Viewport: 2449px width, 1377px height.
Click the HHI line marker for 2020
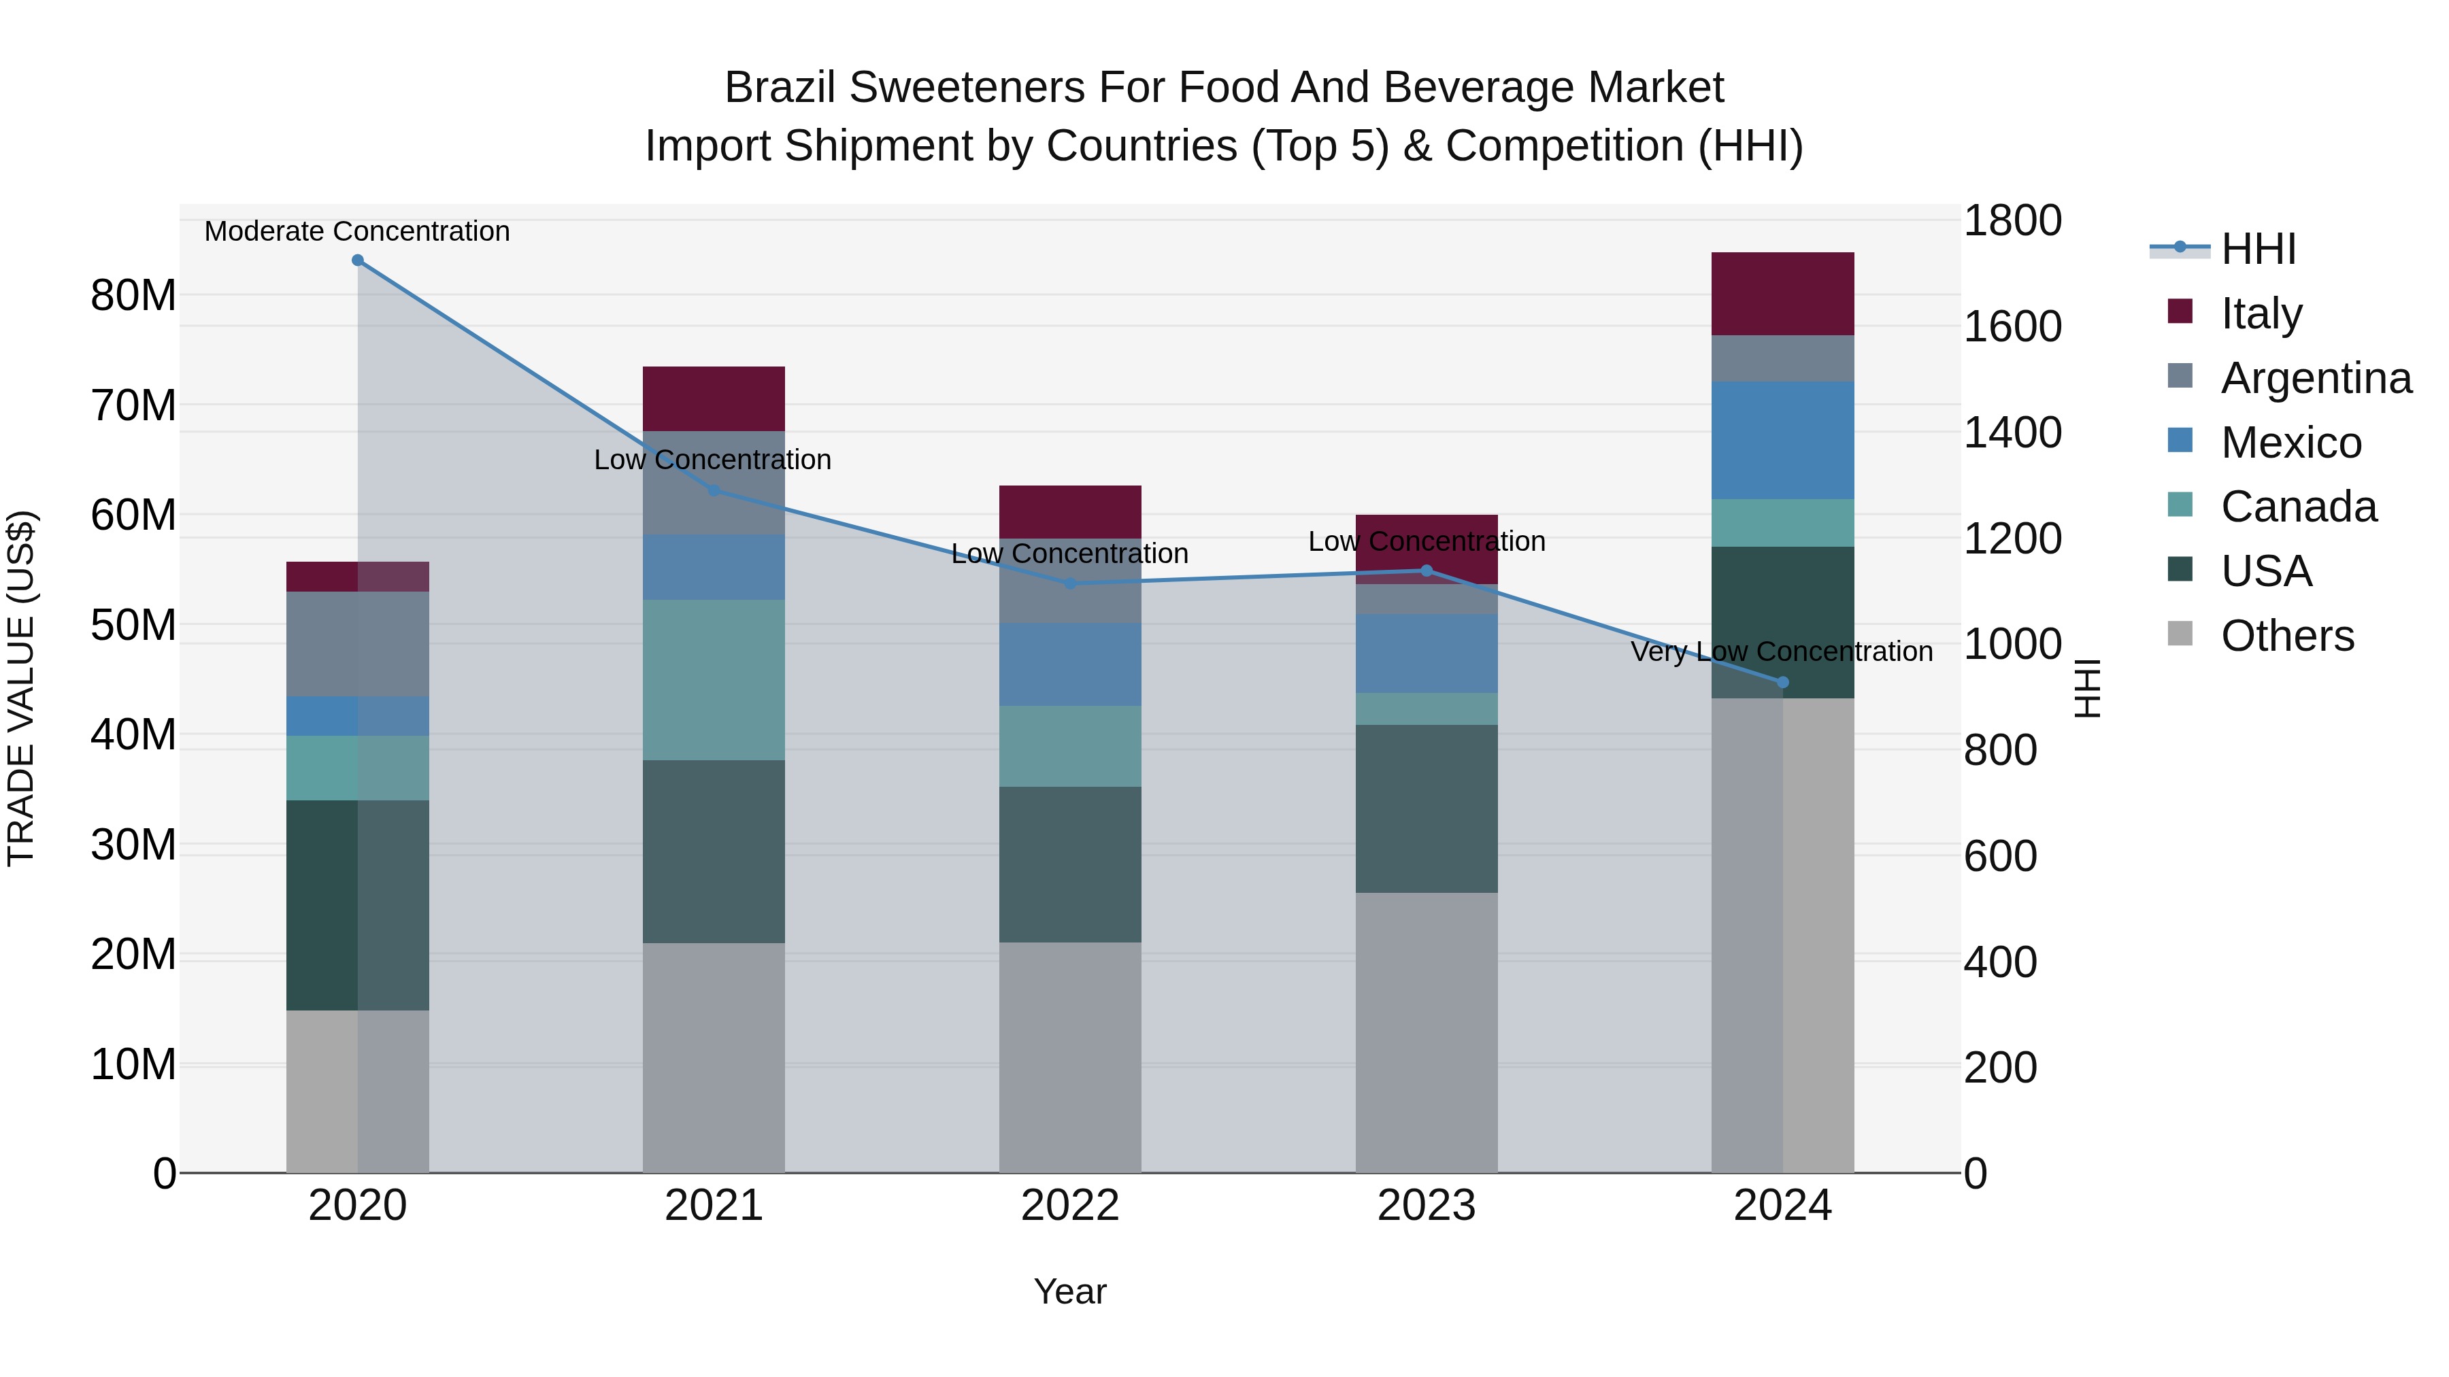point(357,260)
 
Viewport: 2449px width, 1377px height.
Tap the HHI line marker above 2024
point(1782,682)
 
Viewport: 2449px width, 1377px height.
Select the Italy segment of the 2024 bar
point(1782,294)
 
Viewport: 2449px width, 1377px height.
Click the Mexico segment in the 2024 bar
point(1782,440)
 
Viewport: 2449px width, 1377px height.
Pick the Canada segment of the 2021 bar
point(714,679)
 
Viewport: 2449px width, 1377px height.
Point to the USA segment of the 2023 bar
point(1426,809)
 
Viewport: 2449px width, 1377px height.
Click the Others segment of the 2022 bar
point(1069,1057)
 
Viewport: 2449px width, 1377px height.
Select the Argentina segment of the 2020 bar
point(357,645)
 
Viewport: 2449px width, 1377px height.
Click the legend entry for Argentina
point(2315,378)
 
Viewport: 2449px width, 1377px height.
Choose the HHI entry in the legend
point(2258,249)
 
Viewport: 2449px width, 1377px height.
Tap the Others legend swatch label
point(2286,636)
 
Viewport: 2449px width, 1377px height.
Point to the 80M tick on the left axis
point(133,296)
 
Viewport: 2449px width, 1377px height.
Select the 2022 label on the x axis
point(1069,1206)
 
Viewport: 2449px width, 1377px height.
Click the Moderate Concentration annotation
point(357,231)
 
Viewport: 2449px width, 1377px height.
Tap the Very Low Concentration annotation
point(1782,652)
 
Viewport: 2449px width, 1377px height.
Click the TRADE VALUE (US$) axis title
point(21,688)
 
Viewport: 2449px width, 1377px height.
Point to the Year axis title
point(1069,1291)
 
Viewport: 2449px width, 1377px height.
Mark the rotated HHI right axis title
point(2087,688)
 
